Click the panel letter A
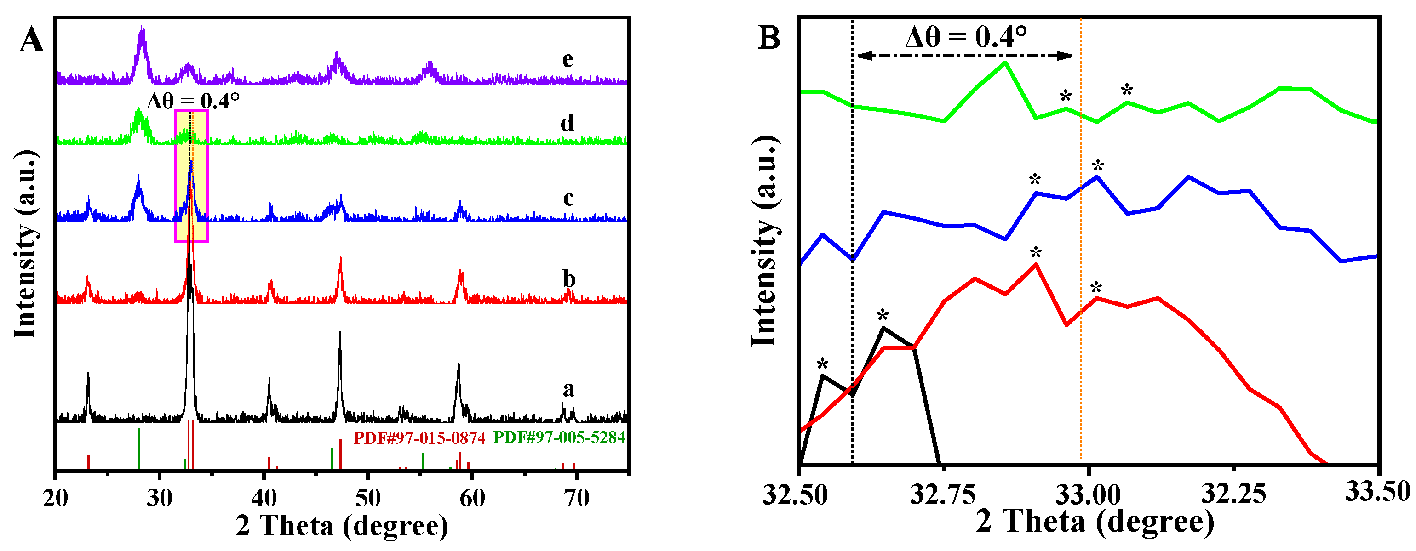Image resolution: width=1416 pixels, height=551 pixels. click(31, 40)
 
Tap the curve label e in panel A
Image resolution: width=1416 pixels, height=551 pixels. click(568, 59)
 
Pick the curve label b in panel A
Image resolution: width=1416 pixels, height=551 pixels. click(569, 279)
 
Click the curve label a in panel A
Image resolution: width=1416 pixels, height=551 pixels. click(568, 389)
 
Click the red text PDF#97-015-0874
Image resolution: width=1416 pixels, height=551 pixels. click(419, 438)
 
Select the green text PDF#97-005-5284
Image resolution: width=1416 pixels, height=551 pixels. click(559, 437)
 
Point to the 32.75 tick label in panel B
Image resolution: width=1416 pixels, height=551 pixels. click(943, 494)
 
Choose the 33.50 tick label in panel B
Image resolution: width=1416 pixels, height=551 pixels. click(1377, 491)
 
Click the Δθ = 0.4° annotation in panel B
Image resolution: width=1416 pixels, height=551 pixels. click(966, 37)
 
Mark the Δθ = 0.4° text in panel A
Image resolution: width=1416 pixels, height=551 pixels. click(194, 101)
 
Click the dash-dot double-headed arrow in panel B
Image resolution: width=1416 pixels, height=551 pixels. click(965, 56)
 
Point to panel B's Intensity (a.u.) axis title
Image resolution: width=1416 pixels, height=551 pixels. click(765, 242)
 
